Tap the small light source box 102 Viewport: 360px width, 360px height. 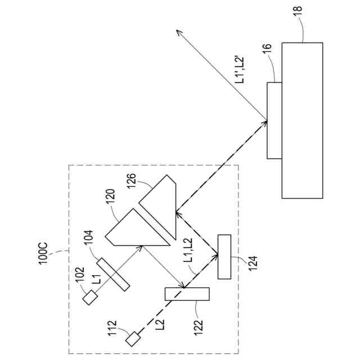coord(89,298)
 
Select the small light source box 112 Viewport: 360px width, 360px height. coord(133,339)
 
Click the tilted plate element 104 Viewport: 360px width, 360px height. coord(113,274)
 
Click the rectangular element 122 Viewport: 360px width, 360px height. coord(187,294)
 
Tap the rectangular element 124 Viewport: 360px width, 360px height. coord(224,256)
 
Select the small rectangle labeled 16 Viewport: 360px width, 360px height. coord(274,120)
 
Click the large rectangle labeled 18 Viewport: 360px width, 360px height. coord(302,120)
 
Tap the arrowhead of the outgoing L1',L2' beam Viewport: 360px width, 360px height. coord(177,30)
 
